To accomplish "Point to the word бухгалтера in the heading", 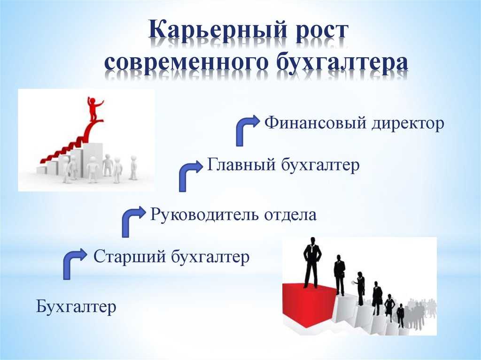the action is (x=342, y=63).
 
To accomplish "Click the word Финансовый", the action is (x=316, y=123).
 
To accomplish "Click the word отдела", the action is (x=290, y=214).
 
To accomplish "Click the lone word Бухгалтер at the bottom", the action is (x=76, y=306).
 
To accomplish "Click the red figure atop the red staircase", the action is (x=94, y=109).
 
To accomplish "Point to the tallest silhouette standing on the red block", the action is (x=312, y=263).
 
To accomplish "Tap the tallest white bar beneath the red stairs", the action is (x=93, y=160).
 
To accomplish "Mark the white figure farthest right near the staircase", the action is (x=133, y=168).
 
